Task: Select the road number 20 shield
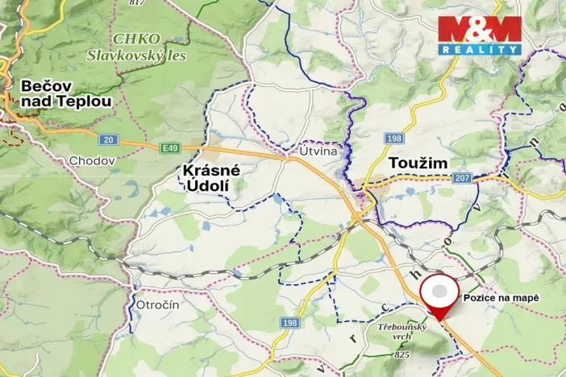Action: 110,139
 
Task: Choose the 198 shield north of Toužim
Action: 393,139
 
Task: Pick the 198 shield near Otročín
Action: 289,323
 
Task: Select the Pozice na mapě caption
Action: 500,297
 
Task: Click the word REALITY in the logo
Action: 480,49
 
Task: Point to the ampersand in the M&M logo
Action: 479,29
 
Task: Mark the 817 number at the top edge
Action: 136,3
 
